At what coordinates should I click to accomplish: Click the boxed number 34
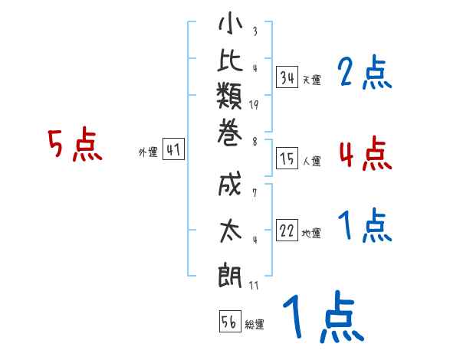(x=287, y=77)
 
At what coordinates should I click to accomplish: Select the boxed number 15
(x=287, y=159)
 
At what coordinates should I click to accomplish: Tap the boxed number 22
(x=287, y=231)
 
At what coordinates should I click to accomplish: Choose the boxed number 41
(x=173, y=150)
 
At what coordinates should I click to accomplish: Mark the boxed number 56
(x=230, y=322)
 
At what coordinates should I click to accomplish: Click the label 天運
(x=311, y=80)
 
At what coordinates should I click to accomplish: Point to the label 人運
(x=311, y=162)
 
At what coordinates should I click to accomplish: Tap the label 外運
(x=148, y=152)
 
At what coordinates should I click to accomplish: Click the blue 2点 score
(x=364, y=74)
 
